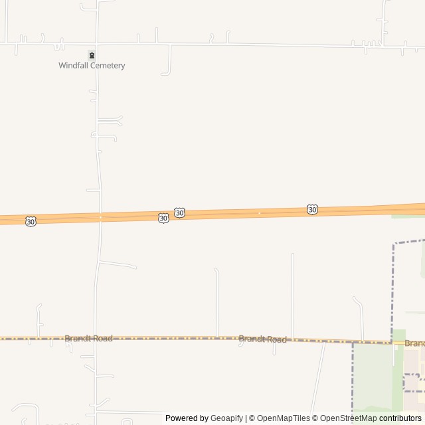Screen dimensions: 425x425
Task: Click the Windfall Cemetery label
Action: (92, 66)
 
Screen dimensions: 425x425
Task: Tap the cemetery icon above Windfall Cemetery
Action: (92, 55)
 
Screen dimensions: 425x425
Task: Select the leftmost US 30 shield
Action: (31, 221)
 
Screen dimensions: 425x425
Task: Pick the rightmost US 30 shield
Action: (312, 210)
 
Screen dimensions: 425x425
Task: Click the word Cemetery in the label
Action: (108, 66)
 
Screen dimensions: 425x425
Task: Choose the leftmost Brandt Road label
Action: (88, 338)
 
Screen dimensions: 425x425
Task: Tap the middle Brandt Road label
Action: (262, 339)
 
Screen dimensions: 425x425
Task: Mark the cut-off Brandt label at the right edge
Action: (414, 343)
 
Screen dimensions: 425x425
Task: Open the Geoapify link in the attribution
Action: (227, 418)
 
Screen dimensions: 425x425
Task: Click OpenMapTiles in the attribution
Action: (284, 418)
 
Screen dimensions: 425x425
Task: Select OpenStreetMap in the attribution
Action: (348, 418)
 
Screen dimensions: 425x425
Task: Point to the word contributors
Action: (400, 418)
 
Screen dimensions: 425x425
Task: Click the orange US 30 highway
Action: (239, 214)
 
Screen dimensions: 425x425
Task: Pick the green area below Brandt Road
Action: (372, 379)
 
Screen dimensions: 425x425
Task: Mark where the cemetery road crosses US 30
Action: (100, 217)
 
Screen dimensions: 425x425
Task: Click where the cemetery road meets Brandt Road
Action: (96, 338)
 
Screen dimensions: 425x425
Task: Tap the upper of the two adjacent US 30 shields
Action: (179, 212)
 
